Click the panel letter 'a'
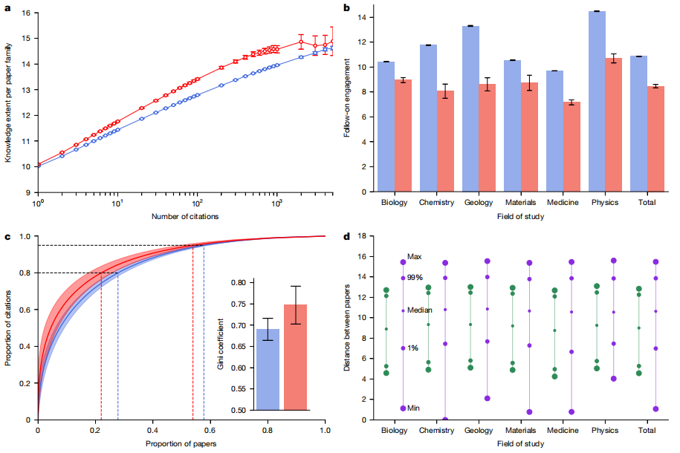7,7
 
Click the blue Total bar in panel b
638,123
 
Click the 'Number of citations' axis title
184,216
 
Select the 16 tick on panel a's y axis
26,13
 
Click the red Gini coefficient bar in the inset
295,357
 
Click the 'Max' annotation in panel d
415,256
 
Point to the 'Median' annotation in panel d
420,310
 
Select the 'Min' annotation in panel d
414,408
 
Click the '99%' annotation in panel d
415,277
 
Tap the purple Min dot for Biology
403,408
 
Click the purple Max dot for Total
655,262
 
